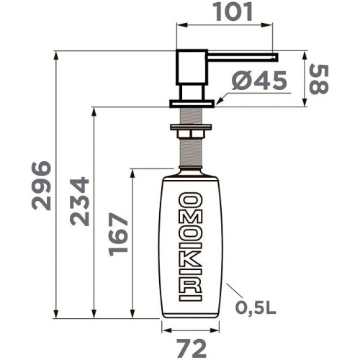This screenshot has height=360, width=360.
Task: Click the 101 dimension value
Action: (234, 12)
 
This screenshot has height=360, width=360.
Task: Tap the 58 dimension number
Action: (319, 79)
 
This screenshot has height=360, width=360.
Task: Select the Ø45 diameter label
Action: (259, 81)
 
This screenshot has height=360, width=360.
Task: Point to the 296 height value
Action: (41, 186)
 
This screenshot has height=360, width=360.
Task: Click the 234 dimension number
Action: (79, 202)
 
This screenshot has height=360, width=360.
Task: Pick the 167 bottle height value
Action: (117, 234)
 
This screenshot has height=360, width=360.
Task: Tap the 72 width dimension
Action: (192, 348)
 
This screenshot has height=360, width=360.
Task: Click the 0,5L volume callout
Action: (256, 308)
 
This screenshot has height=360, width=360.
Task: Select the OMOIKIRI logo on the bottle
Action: (191, 246)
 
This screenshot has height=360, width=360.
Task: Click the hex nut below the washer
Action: (191, 134)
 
